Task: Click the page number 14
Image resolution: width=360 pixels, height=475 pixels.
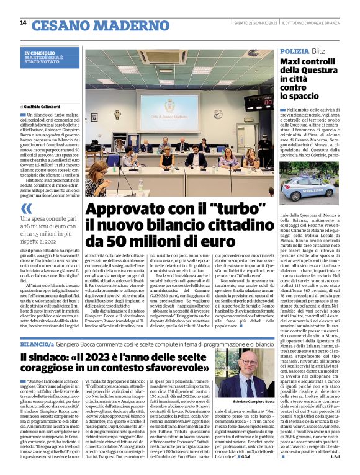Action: pos(23,23)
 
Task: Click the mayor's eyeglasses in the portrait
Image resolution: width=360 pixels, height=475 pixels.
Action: pos(245,375)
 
